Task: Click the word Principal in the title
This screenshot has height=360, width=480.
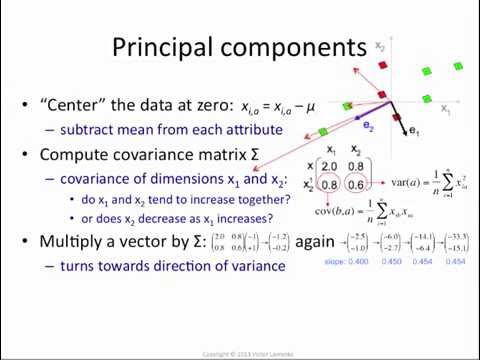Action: tap(163, 47)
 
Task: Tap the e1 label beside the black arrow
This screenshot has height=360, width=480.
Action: tap(414, 130)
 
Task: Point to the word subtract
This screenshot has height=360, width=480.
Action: tap(87, 130)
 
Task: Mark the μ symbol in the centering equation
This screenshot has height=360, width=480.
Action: tap(308, 105)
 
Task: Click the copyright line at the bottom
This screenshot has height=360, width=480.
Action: tap(240, 353)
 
